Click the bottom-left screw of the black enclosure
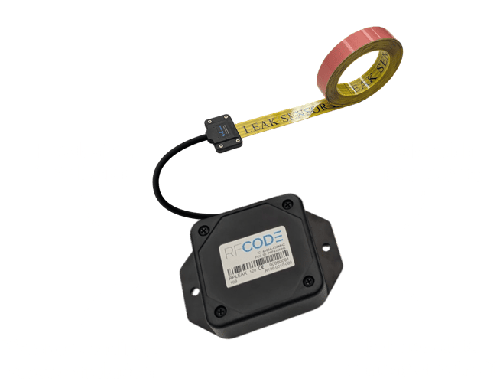click(220, 310)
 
